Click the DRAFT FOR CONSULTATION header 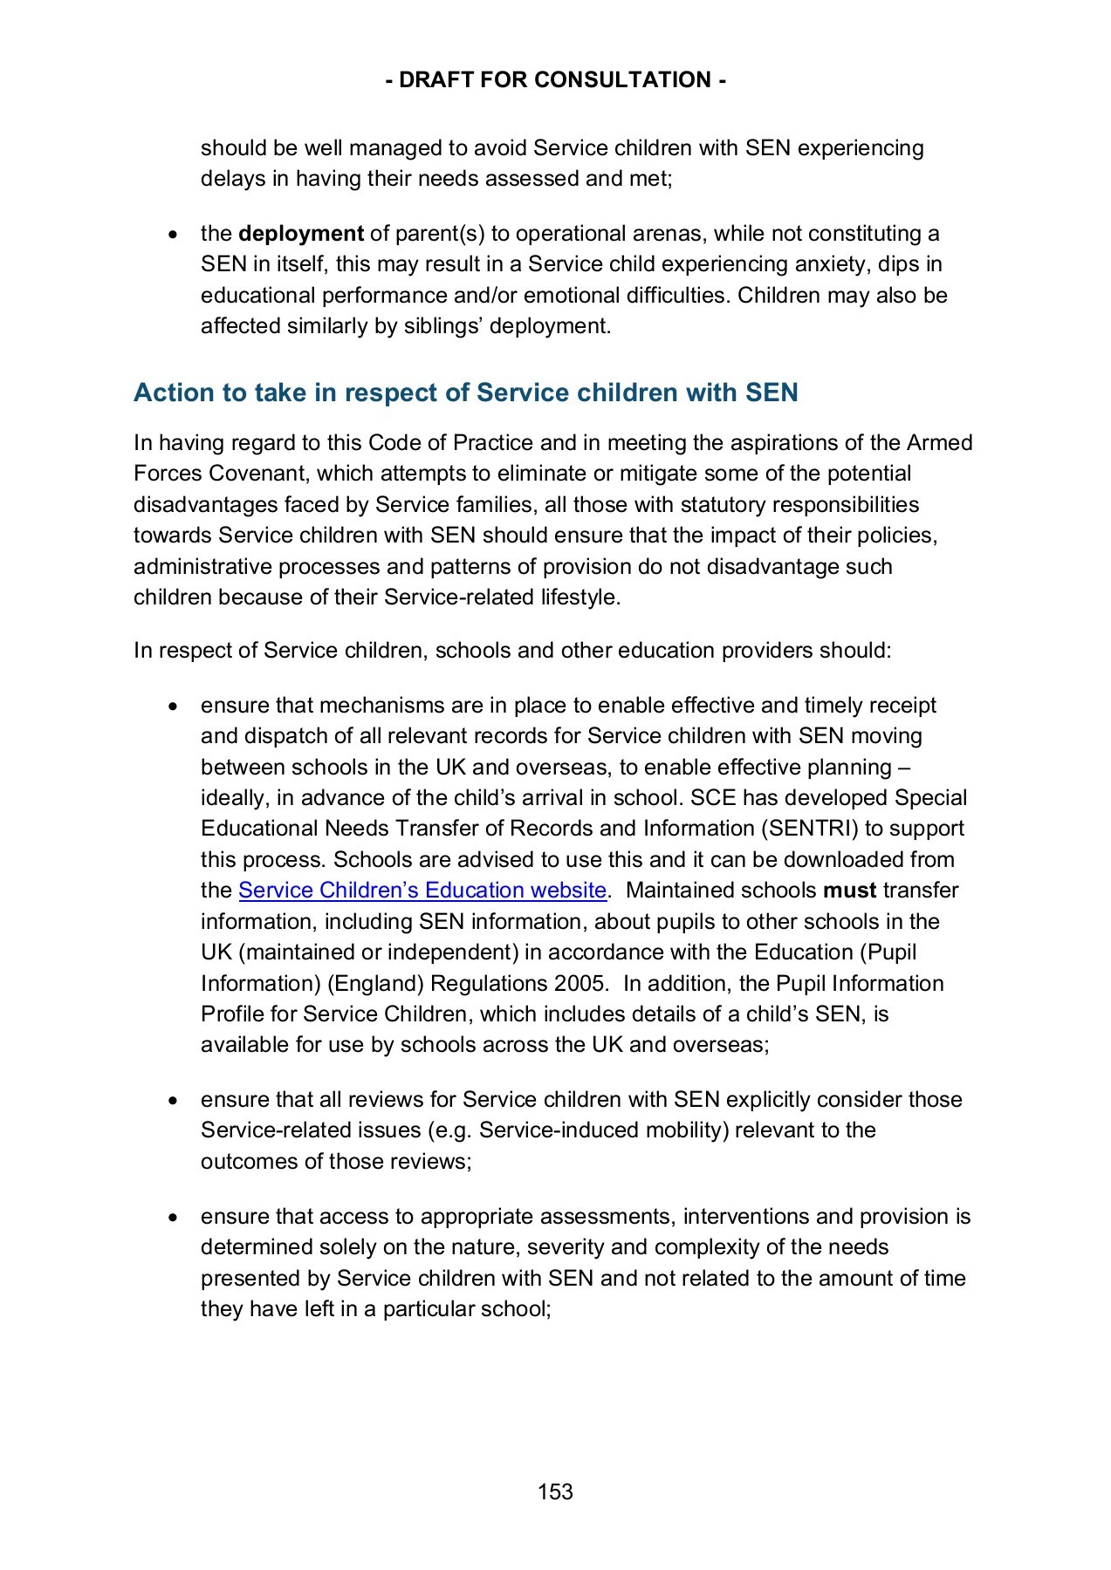[x=555, y=80]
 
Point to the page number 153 [x=555, y=1491]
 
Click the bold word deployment [x=300, y=234]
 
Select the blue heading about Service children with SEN [x=465, y=392]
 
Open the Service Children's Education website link [x=422, y=891]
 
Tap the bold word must [x=849, y=891]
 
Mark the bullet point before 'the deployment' [x=174, y=235]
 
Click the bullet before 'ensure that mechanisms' [x=174, y=706]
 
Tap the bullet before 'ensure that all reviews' [x=174, y=1100]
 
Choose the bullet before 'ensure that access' [x=174, y=1217]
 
